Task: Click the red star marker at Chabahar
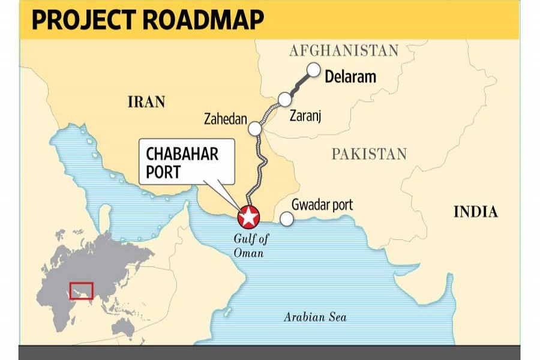[x=248, y=216]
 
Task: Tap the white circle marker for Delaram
[x=313, y=70]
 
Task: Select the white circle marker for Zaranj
[x=284, y=98]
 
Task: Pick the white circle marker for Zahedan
[x=255, y=128]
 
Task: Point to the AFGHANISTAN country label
[x=344, y=50]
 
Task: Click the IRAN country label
[x=146, y=102]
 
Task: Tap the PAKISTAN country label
[x=369, y=154]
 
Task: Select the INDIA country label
[x=475, y=212]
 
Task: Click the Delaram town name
[x=350, y=77]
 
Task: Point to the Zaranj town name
[x=305, y=116]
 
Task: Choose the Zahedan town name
[x=225, y=120]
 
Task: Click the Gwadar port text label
[x=322, y=205]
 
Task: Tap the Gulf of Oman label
[x=251, y=246]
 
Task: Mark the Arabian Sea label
[x=315, y=317]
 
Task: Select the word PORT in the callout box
[x=163, y=172]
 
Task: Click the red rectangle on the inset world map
[x=82, y=290]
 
